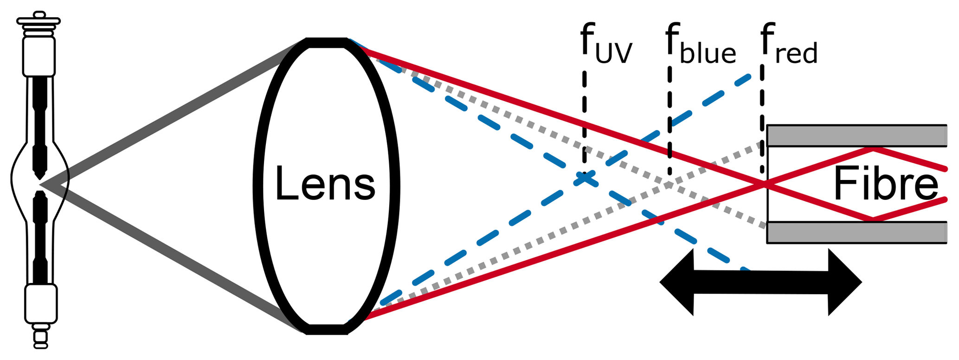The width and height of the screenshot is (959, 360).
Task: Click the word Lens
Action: click(x=325, y=184)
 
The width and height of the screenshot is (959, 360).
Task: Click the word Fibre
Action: click(x=885, y=184)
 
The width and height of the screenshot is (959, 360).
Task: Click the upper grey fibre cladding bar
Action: click(x=856, y=135)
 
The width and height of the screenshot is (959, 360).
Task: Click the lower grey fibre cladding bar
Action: click(x=856, y=232)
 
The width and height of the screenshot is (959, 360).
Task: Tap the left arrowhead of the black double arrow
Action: click(x=677, y=282)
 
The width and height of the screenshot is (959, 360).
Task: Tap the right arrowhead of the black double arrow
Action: click(x=844, y=282)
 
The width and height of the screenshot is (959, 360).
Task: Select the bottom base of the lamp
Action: click(x=41, y=336)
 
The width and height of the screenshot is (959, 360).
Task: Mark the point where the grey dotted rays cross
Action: click(x=669, y=184)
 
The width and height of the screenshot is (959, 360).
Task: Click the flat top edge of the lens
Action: click(x=327, y=43)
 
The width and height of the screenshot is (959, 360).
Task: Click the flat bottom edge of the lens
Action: click(x=327, y=330)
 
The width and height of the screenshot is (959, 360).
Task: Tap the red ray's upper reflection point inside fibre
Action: click(x=872, y=149)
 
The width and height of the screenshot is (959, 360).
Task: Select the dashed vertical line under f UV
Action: click(x=585, y=121)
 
